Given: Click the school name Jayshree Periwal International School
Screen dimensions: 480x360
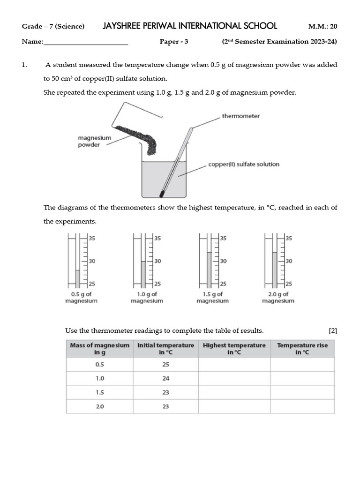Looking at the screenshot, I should point(190,26).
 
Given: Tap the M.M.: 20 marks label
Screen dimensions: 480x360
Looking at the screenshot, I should point(322,26).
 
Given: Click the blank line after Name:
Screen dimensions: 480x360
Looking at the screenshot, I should point(86,42).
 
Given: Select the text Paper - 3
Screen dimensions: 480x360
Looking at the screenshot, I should point(173,42).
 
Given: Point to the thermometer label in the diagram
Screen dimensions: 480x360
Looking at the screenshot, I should point(240,116).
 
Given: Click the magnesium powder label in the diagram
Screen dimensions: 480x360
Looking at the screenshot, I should point(94,142).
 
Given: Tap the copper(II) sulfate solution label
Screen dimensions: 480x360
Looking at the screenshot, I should point(243,165).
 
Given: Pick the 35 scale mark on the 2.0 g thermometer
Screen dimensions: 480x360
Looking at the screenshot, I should point(289,238).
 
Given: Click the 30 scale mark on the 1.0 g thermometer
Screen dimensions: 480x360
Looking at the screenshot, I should point(157,261).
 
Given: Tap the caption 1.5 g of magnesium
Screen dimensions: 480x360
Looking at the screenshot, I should point(212,298).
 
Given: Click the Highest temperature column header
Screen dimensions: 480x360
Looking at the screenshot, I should point(234,349).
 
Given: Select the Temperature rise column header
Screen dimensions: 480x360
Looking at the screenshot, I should point(302,349).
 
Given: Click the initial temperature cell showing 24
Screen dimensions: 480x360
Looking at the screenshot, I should point(165,378).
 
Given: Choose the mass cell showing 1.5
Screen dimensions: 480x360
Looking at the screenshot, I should point(99,392).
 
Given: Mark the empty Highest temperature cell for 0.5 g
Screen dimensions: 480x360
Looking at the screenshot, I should point(234,364).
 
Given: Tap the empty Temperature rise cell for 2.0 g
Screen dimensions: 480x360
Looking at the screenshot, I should point(302,406).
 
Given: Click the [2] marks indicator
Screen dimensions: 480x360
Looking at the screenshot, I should point(333,331).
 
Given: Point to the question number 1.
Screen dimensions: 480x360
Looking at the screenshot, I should point(24,65).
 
